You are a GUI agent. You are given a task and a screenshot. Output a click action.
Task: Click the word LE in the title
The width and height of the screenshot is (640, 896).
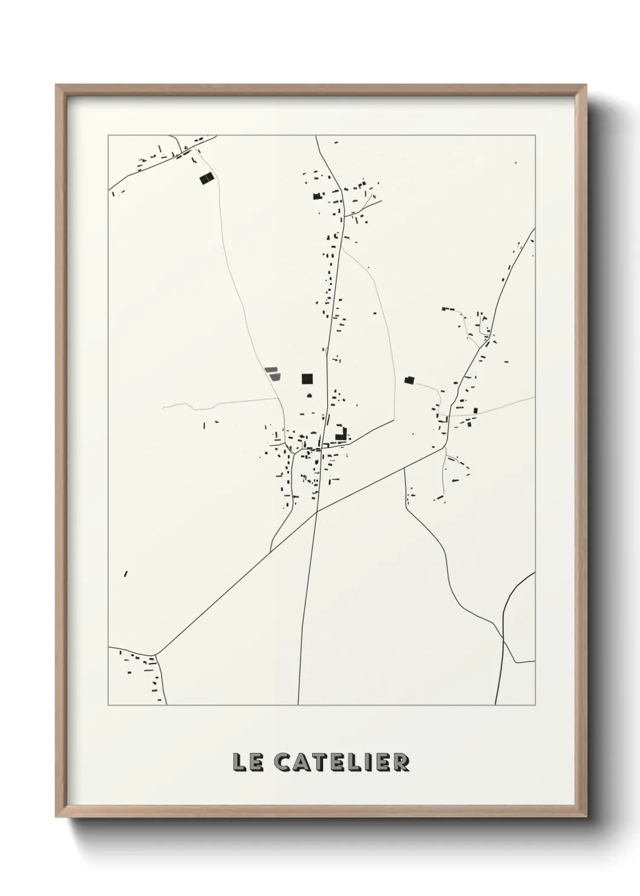click(247, 762)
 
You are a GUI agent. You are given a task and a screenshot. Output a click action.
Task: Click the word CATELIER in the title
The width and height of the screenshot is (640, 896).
click(342, 762)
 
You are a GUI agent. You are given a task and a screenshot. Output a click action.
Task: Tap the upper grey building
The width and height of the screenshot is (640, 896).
click(270, 369)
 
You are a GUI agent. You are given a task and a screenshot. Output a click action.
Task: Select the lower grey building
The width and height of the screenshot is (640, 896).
click(275, 377)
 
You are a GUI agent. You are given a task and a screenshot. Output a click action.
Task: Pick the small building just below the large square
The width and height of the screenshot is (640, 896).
click(309, 395)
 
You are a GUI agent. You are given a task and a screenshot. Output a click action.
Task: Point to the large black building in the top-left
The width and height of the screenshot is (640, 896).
click(207, 178)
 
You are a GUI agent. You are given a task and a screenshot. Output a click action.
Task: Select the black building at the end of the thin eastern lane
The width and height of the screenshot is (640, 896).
click(410, 380)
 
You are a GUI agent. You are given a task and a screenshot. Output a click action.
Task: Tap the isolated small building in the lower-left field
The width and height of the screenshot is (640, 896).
click(126, 573)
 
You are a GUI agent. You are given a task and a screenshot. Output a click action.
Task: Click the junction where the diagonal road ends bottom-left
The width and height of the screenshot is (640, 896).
click(156, 654)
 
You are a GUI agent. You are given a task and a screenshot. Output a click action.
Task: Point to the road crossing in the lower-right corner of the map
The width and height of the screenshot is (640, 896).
click(503, 637)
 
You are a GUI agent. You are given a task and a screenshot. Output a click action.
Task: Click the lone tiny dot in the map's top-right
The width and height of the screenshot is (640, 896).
click(516, 162)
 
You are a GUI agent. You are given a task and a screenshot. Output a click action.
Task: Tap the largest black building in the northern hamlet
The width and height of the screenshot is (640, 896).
click(315, 196)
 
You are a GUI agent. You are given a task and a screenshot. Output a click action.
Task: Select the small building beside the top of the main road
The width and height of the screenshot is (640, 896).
click(336, 142)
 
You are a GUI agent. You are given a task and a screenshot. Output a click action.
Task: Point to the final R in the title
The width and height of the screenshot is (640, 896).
click(401, 762)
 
